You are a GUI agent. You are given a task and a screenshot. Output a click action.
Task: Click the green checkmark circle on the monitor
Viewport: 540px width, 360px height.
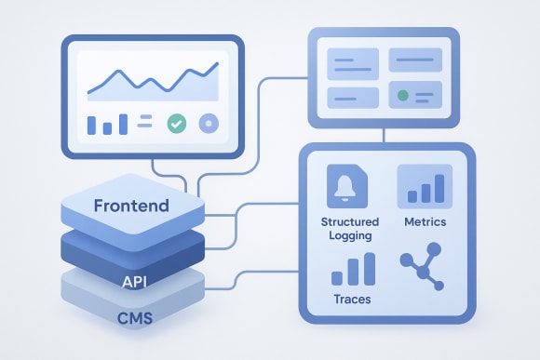pos(177,123)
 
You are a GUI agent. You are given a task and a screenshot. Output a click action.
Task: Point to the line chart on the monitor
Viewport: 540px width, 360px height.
pos(152,80)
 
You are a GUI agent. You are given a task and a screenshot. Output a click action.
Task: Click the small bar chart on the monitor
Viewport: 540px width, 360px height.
pos(106,124)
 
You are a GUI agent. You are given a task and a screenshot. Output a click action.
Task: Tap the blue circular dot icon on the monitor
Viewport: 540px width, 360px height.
pos(209,123)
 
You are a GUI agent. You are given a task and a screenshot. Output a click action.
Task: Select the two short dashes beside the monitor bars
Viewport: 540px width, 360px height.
pos(146,121)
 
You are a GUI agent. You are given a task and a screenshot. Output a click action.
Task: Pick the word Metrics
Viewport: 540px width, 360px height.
pos(425,222)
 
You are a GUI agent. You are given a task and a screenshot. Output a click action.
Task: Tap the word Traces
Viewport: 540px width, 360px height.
pos(351,300)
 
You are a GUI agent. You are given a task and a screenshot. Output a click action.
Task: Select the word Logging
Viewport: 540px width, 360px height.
pos(349,235)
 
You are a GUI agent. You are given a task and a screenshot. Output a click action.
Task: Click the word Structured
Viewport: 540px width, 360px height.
pos(349,222)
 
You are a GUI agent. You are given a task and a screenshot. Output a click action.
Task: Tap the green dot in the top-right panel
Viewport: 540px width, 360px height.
pos(402,96)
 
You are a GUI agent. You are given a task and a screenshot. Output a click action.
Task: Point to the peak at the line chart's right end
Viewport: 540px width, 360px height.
pos(216,65)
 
